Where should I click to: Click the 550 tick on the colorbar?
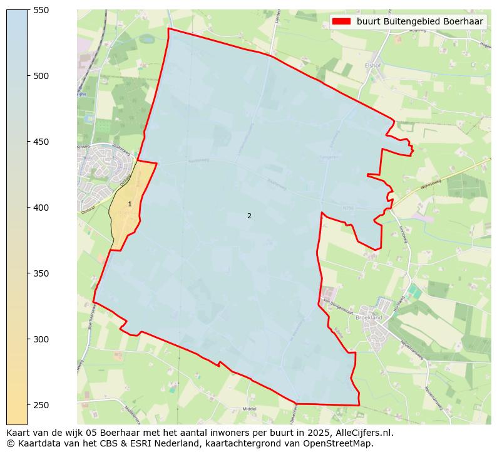(41, 10)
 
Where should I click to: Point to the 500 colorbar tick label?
(41, 76)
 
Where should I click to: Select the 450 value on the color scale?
(41, 142)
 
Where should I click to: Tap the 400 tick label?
(41, 208)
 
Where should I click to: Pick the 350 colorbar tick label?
(41, 273)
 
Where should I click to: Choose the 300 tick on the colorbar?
(41, 339)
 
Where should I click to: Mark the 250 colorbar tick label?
(41, 405)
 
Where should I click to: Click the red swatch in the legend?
(341, 21)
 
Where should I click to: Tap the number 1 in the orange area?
(130, 204)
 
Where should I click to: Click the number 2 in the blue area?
(249, 216)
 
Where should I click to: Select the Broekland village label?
(369, 318)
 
